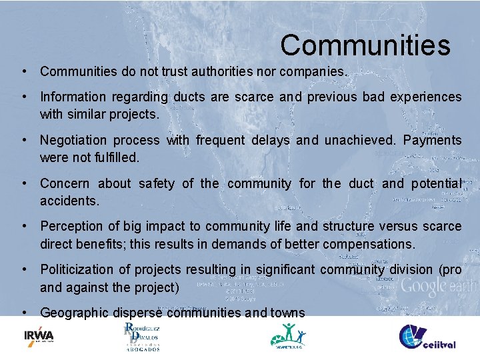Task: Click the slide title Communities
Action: point(365,45)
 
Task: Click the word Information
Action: point(73,97)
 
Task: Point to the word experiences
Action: point(427,97)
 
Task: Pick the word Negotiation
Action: point(73,141)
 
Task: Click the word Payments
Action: point(432,141)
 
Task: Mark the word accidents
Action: point(69,201)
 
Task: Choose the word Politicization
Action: point(79,270)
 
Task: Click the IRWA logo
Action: point(39,336)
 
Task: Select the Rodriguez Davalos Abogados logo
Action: point(142,337)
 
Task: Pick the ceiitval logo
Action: point(427,337)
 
